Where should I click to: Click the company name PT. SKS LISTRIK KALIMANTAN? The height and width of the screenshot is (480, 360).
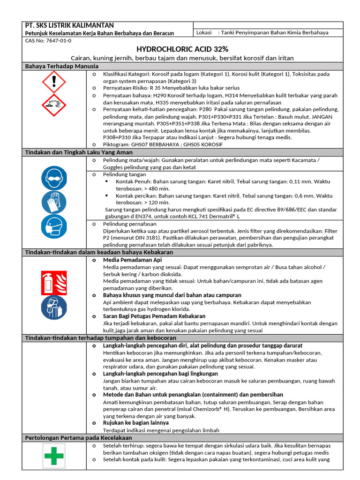click(x=69, y=25)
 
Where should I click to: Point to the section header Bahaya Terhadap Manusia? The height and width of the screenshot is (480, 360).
click(x=61, y=67)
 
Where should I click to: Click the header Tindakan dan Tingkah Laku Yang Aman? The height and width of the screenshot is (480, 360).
click(x=78, y=152)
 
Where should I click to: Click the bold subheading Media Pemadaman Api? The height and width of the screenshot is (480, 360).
click(x=133, y=259)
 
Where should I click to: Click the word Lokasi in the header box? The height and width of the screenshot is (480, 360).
click(x=204, y=33)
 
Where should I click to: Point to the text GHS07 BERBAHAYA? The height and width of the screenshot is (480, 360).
click(x=152, y=144)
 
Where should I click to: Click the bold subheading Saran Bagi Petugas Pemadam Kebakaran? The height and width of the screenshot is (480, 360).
click(x=154, y=316)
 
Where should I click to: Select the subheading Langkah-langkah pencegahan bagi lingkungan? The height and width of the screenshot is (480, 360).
click(x=160, y=374)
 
